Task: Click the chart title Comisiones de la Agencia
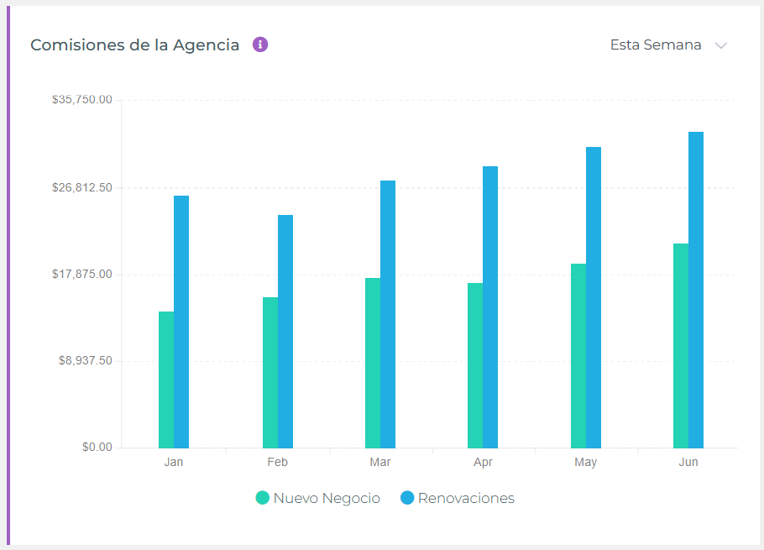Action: pyautogui.click(x=134, y=45)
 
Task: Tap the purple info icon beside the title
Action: pyautogui.click(x=260, y=45)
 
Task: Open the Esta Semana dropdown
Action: pyautogui.click(x=667, y=45)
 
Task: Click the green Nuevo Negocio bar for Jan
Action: pyautogui.click(x=166, y=380)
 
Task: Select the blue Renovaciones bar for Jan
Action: pyautogui.click(x=181, y=322)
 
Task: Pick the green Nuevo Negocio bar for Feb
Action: pyautogui.click(x=270, y=372)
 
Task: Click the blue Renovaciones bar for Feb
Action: pyautogui.click(x=285, y=331)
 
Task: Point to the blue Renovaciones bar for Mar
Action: pyautogui.click(x=388, y=314)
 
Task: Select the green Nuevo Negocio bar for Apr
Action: pyautogui.click(x=475, y=365)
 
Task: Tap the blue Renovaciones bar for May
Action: pyautogui.click(x=594, y=297)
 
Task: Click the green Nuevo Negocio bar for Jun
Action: pyautogui.click(x=681, y=345)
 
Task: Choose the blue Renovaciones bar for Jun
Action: pyautogui.click(x=696, y=290)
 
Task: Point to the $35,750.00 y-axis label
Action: pyautogui.click(x=82, y=100)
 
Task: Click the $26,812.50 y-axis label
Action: pyautogui.click(x=82, y=187)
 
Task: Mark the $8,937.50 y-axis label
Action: pyautogui.click(x=85, y=361)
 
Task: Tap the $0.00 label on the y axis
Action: pyautogui.click(x=97, y=448)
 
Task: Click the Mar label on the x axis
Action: pyautogui.click(x=380, y=463)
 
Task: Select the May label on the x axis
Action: pyautogui.click(x=586, y=463)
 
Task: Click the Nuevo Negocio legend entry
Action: pyautogui.click(x=318, y=498)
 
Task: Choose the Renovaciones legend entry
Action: pyautogui.click(x=458, y=498)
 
